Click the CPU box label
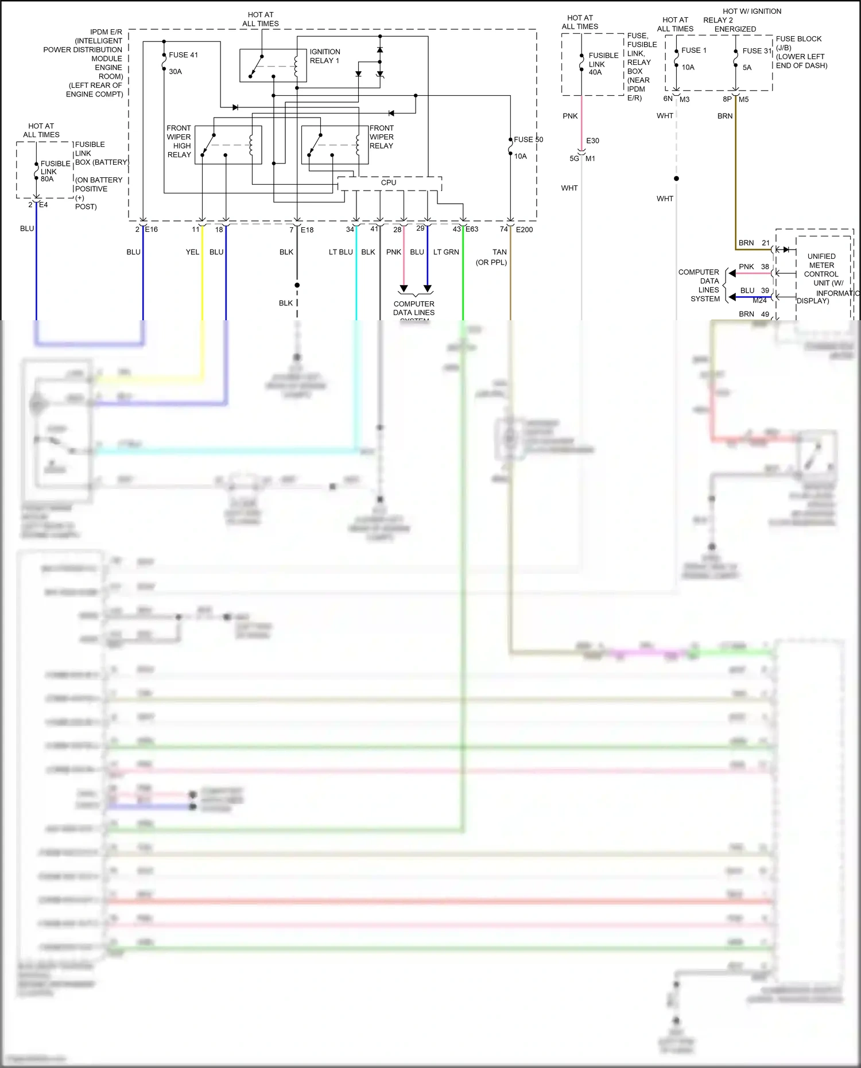point(389,182)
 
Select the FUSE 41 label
point(183,55)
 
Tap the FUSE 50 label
point(528,139)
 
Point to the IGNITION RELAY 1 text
point(325,56)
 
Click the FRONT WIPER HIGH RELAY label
point(179,141)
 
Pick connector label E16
point(151,230)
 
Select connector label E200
point(524,230)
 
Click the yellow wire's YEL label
point(192,252)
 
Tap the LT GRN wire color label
point(446,252)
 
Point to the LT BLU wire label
point(340,252)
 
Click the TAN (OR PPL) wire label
point(492,257)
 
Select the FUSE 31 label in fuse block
point(757,51)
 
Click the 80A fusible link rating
point(47,179)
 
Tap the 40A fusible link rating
point(595,72)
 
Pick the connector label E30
point(592,141)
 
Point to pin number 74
point(503,229)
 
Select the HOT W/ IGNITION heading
point(752,11)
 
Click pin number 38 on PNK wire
point(765,267)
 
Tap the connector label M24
point(759,300)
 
